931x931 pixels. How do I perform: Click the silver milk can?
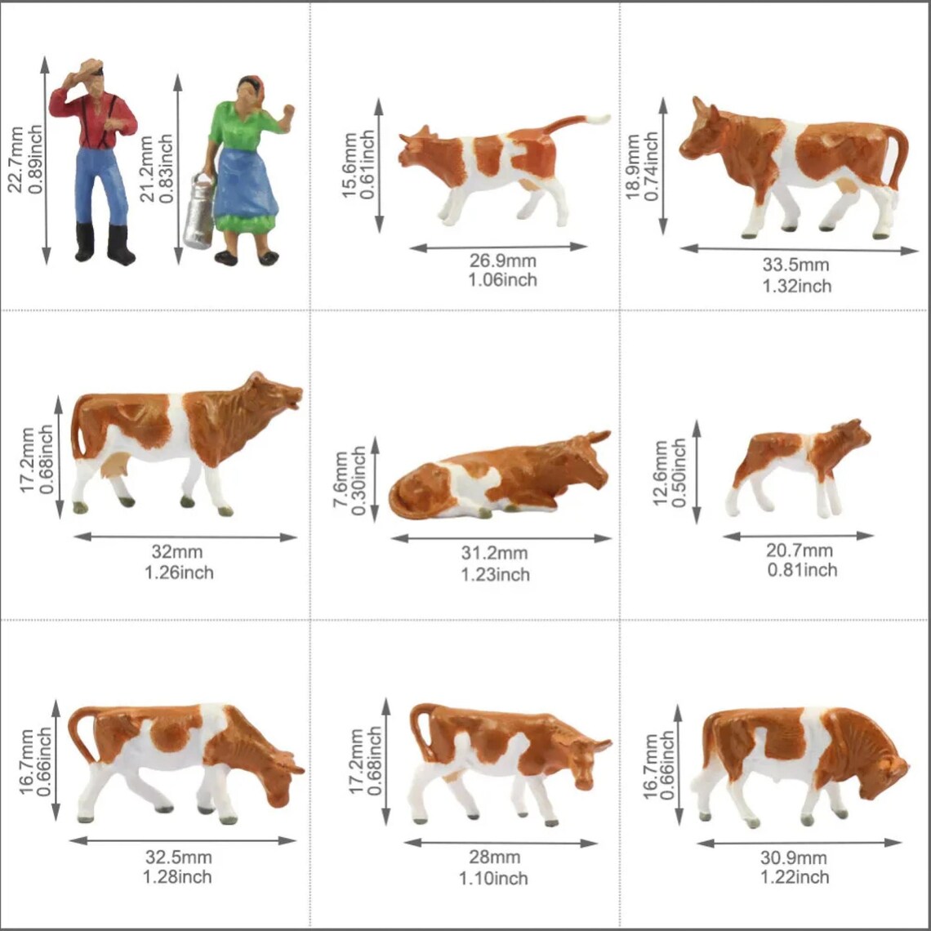tap(199, 212)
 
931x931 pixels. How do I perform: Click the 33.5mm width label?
tap(795, 265)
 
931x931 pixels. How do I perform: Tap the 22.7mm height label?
tap(15, 158)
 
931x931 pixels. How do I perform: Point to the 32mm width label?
tap(178, 553)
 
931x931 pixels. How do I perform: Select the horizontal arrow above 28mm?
tap(501, 843)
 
